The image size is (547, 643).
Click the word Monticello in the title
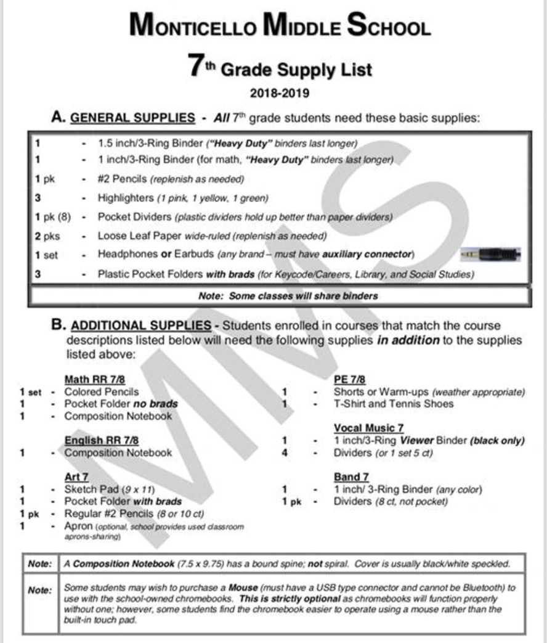(x=192, y=27)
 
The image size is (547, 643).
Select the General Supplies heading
(x=132, y=117)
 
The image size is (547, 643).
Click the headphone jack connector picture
(x=491, y=254)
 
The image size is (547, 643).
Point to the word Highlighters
(x=125, y=199)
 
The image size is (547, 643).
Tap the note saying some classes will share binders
(x=288, y=296)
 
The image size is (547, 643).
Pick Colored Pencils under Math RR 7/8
(x=102, y=391)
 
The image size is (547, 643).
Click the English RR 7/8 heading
(x=102, y=440)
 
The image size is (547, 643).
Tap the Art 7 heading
(x=77, y=477)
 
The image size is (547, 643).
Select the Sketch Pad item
(x=92, y=489)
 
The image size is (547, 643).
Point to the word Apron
(x=78, y=526)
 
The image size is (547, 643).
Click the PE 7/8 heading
(x=349, y=379)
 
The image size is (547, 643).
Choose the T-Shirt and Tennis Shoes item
(x=393, y=404)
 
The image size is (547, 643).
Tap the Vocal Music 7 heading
(x=368, y=428)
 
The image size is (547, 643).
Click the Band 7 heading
(x=351, y=477)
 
